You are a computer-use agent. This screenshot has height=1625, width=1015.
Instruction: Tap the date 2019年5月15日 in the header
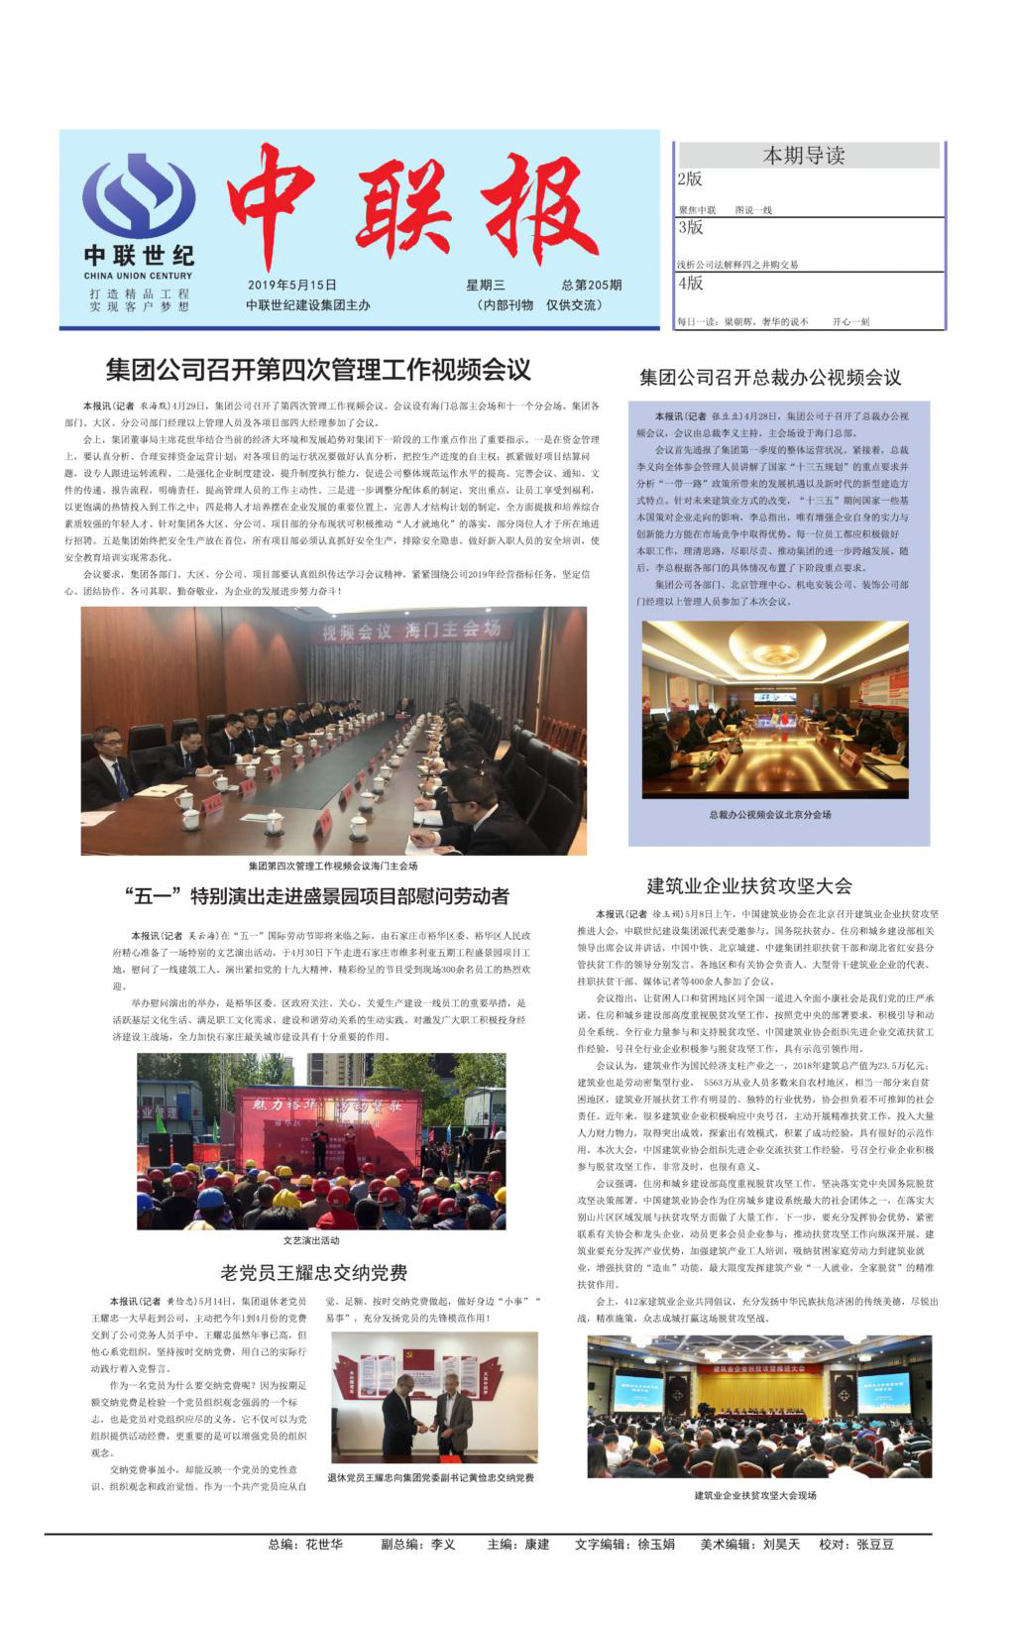point(292,286)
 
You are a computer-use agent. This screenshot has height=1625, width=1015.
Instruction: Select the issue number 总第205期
point(591,286)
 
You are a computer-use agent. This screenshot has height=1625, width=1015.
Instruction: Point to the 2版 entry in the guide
point(690,179)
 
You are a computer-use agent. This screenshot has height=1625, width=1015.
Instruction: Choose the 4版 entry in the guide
point(690,283)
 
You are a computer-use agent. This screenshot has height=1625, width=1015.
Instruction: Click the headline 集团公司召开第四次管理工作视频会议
point(318,370)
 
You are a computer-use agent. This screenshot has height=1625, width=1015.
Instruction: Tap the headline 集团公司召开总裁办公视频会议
point(770,377)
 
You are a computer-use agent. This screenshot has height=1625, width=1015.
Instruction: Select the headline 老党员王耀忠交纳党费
point(313,1272)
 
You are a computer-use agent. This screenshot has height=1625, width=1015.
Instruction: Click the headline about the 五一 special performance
point(318,896)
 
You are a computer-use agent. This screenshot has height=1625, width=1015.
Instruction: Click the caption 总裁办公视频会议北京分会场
point(770,814)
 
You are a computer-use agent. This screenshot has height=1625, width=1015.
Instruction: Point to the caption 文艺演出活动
point(310,1239)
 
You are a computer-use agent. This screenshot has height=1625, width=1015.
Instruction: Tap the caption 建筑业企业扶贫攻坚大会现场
point(755,1495)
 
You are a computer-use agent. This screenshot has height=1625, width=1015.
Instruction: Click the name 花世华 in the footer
point(324,1545)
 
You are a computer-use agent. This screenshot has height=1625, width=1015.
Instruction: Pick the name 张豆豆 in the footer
point(875,1545)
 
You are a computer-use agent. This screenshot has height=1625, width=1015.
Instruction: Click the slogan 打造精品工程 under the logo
point(139,293)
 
